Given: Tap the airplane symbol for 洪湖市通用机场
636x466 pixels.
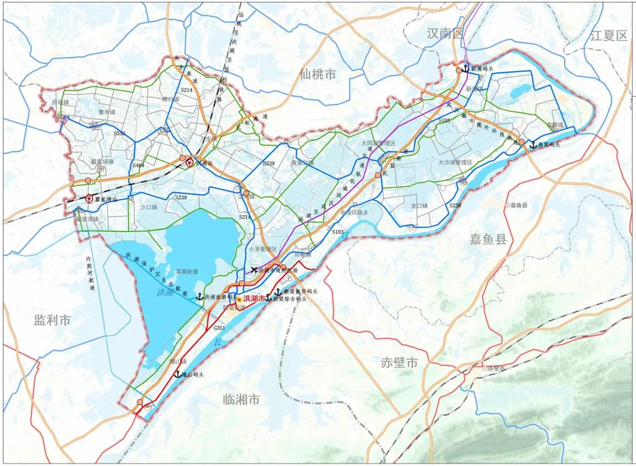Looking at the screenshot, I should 254,270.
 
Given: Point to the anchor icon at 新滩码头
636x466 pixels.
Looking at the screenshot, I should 466,68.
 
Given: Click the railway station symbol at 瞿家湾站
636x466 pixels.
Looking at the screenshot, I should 89,198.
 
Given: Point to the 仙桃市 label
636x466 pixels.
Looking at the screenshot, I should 318,74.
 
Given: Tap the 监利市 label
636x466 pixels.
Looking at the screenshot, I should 52,320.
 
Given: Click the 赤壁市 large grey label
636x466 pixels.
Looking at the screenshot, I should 400,362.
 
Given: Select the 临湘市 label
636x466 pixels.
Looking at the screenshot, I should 241,400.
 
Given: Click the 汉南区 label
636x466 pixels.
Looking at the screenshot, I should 444,33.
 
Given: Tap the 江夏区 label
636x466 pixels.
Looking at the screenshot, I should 609,35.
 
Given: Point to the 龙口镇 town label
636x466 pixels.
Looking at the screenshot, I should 419,206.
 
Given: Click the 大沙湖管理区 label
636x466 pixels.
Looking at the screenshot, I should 458,163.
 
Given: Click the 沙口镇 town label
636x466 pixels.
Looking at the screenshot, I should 148,207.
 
